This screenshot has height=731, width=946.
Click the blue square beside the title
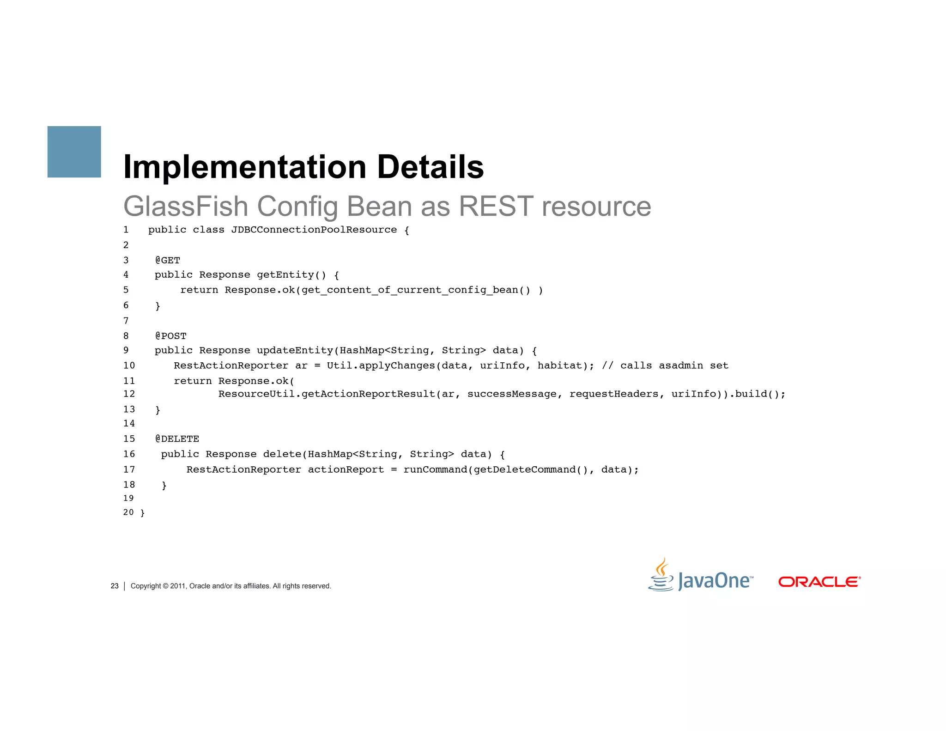click(74, 152)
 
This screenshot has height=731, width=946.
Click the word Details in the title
click(430, 167)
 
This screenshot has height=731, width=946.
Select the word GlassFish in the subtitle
click(186, 206)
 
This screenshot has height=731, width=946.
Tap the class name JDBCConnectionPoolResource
click(314, 230)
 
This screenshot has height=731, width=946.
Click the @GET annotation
click(168, 260)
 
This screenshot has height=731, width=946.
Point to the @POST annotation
click(171, 336)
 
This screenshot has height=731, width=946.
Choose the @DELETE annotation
click(177, 439)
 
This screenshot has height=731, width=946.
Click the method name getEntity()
click(291, 275)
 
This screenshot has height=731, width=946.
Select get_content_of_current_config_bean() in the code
click(416, 290)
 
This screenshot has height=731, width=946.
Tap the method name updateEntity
click(295, 351)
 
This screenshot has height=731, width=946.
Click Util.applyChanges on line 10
click(381, 366)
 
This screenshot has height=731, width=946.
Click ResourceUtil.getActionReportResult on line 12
click(327, 394)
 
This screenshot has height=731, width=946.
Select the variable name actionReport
click(346, 470)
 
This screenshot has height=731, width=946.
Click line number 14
click(129, 424)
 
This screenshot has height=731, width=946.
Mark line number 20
click(128, 512)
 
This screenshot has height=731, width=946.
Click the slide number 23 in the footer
click(115, 586)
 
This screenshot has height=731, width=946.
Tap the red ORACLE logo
click(819, 582)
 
